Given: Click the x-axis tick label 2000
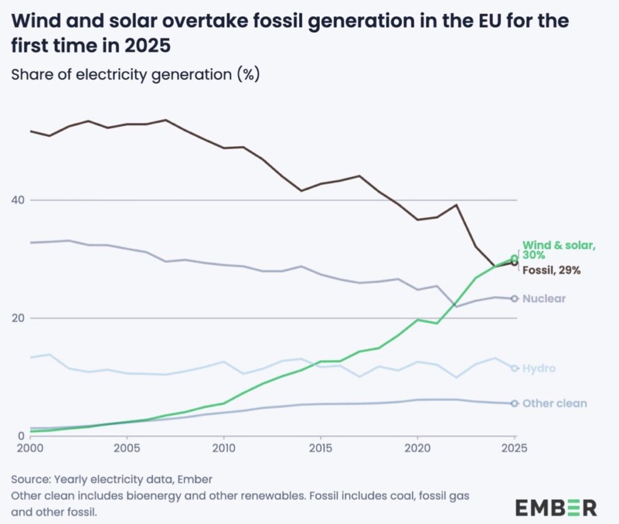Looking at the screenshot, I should click(30, 449).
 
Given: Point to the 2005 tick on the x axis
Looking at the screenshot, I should click(126, 449).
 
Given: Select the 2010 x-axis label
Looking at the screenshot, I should click(224, 449).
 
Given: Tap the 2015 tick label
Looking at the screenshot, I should click(320, 449).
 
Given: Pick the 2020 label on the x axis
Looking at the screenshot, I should click(417, 449).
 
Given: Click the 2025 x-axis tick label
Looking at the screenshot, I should click(514, 449).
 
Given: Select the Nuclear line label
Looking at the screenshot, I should click(544, 299).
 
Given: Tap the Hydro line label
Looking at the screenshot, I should click(539, 368).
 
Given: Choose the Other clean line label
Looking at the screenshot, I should click(554, 403).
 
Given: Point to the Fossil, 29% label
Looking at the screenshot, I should click(551, 270).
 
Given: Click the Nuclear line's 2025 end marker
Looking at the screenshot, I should click(514, 299).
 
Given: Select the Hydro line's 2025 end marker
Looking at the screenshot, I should click(514, 368).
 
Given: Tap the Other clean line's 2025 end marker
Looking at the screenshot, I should click(514, 403).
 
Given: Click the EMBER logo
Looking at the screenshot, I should click(556, 506).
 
